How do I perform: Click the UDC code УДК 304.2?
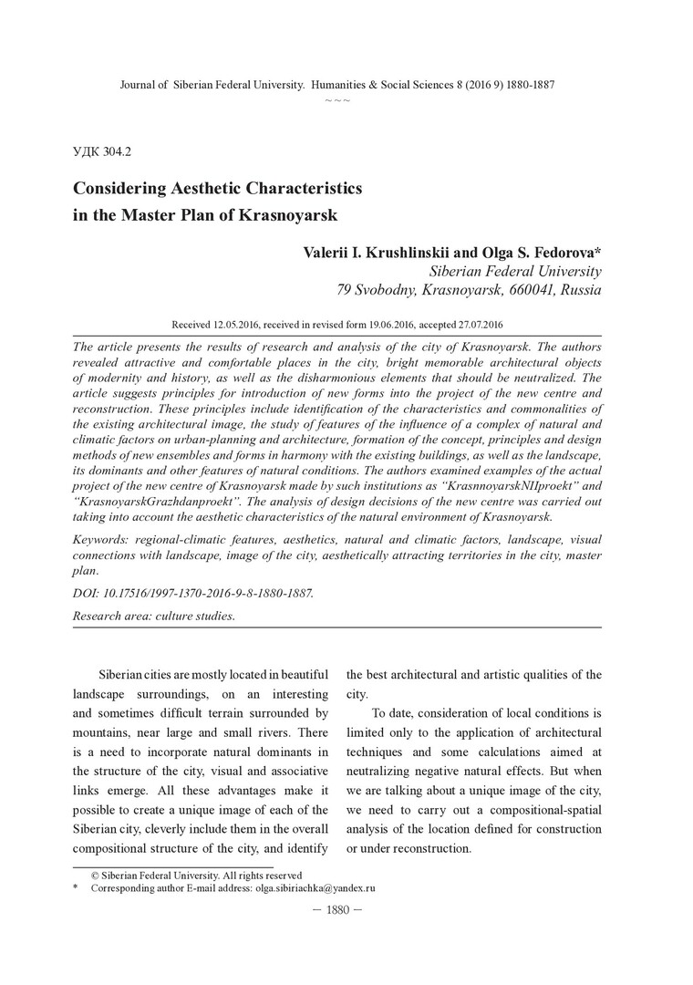pyautogui.click(x=105, y=150)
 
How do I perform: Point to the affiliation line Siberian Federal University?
pyautogui.click(x=514, y=271)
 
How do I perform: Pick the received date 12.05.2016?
pyautogui.click(x=243, y=324)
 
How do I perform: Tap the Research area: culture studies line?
pyautogui.click(x=153, y=617)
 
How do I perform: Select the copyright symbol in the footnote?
pyautogui.click(x=94, y=875)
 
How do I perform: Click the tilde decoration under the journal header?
pyautogui.click(x=337, y=98)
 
